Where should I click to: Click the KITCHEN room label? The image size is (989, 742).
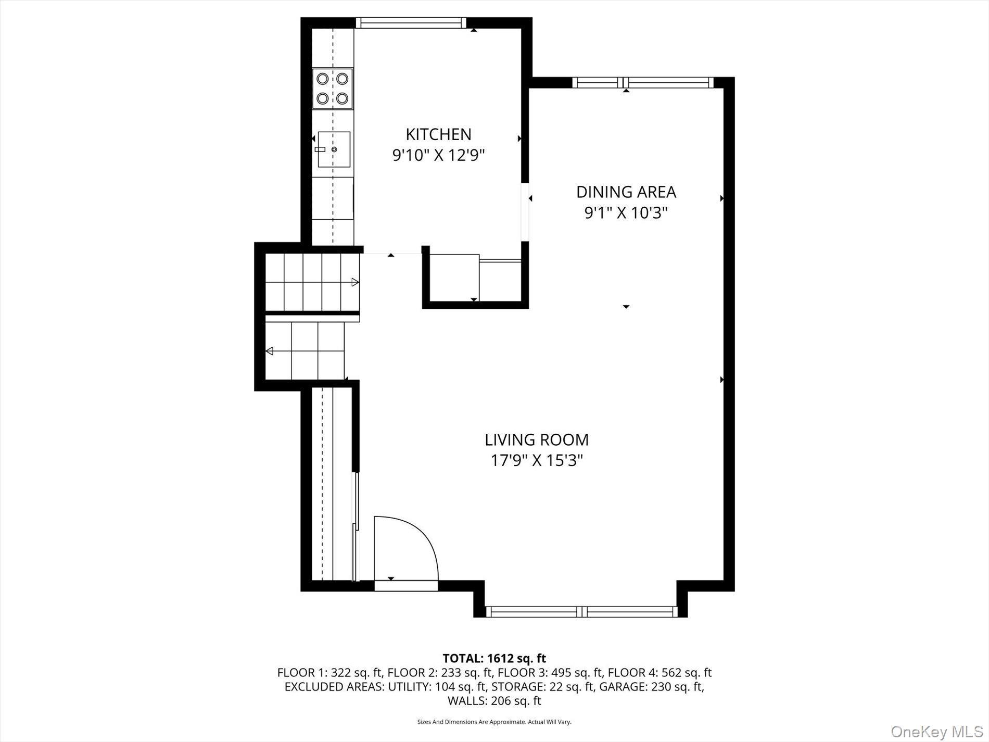[438, 134]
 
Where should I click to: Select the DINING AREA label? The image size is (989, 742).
[626, 192]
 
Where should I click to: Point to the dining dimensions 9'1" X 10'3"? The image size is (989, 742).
[626, 213]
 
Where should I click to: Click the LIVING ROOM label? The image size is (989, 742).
[537, 440]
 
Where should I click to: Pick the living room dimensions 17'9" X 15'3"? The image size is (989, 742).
[537, 461]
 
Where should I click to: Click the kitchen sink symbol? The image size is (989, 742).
[334, 149]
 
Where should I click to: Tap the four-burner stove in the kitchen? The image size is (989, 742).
[333, 89]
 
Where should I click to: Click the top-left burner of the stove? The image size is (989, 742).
[323, 79]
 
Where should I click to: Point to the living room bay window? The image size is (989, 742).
[581, 612]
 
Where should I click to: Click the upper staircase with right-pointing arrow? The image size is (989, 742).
[312, 282]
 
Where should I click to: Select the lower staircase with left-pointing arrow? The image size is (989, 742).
[305, 351]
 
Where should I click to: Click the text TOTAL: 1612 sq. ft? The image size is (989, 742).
[494, 658]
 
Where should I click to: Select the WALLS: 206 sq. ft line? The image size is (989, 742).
[494, 701]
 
